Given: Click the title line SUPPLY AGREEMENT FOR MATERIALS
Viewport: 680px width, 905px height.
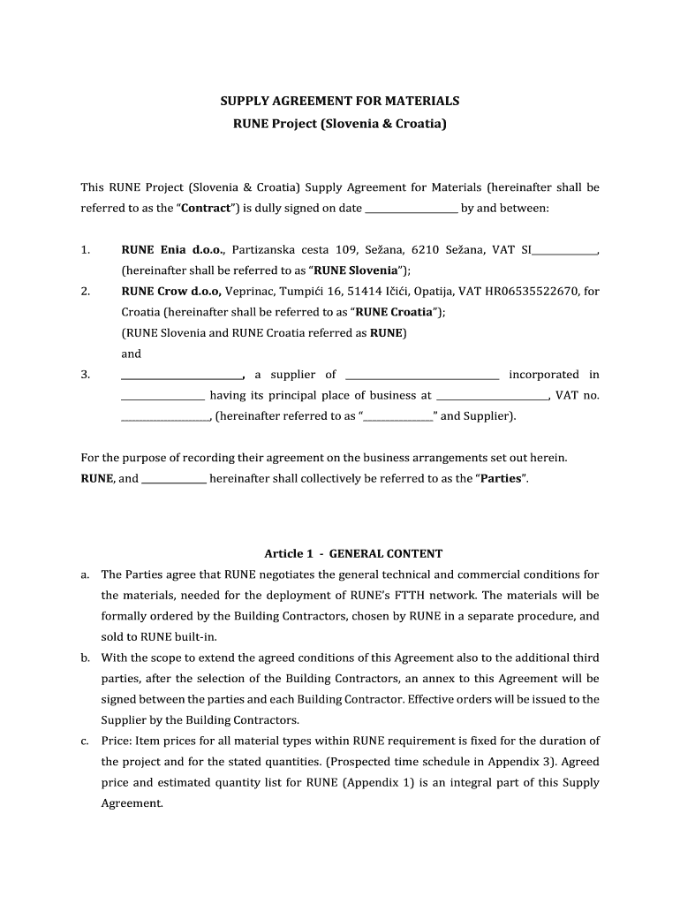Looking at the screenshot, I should (340, 102).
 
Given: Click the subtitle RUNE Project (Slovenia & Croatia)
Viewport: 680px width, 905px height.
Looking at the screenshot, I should (340, 124).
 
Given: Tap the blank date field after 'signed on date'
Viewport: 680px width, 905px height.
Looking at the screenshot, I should (411, 209).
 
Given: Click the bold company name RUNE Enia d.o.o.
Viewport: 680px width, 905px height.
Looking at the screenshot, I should (173, 250).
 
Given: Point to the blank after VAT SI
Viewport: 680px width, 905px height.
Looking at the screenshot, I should (564, 251).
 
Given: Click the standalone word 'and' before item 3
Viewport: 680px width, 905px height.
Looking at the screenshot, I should (131, 354).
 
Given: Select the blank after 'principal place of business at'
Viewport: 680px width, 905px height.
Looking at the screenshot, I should (493, 396).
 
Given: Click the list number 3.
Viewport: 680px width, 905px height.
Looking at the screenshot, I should (86, 375).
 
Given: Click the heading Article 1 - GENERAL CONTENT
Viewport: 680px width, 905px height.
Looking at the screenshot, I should (353, 554).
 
